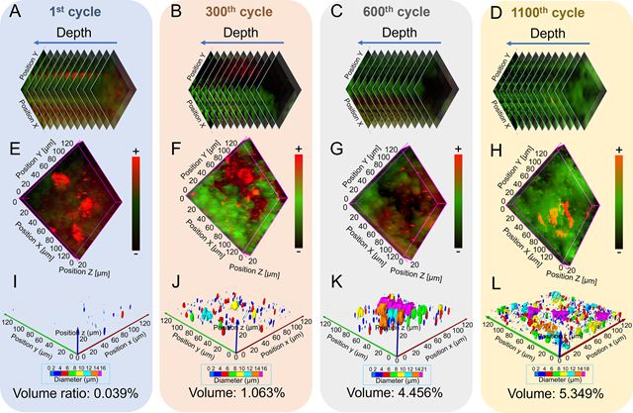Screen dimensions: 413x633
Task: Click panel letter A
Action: (x=11, y=14)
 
